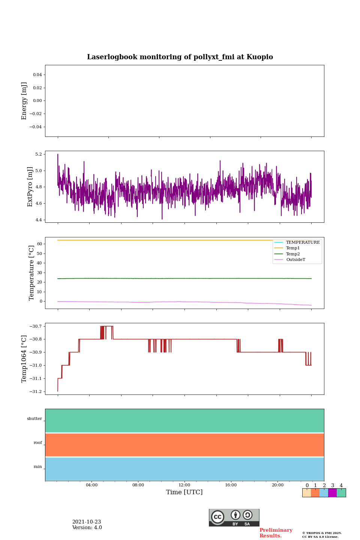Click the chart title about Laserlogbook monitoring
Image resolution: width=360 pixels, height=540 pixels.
[180, 57]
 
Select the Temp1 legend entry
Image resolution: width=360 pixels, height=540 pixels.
[292, 248]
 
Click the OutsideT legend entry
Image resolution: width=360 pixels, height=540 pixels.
[295, 259]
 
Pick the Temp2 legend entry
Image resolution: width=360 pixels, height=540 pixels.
[292, 254]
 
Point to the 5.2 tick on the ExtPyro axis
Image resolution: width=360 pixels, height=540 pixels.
[39, 154]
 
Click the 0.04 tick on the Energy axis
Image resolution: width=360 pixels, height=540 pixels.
[37, 75]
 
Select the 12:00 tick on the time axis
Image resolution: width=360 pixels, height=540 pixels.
[184, 485]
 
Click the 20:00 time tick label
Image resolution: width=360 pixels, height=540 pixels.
[277, 485]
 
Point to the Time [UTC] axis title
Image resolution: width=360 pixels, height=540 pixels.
[184, 492]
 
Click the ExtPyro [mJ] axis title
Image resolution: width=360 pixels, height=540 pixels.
[30, 186]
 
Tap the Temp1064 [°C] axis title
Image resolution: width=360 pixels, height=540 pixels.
[24, 358]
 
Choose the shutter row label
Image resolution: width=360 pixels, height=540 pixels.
[34, 419]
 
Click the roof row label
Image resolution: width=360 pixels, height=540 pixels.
[38, 443]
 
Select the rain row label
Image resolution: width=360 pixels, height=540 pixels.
[38, 467]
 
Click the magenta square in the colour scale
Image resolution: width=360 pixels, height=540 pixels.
[332, 493]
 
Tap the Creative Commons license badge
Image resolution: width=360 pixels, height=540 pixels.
[234, 517]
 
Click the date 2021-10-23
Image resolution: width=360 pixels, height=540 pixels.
[87, 522]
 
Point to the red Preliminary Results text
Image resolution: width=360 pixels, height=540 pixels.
[276, 533]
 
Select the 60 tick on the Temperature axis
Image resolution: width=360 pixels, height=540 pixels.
[39, 244]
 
